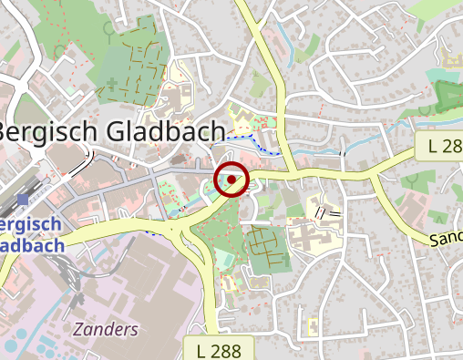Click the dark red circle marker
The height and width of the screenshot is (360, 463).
pos(232,180)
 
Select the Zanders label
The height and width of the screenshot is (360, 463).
pos(107,329)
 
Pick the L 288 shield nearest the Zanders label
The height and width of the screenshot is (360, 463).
pos(218,348)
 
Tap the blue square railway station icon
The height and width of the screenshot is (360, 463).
pos(22,199)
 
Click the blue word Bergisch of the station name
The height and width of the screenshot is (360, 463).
pos(32,225)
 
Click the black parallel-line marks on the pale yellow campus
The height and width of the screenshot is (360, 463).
pos(327,212)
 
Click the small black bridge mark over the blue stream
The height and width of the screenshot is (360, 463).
pos(344,153)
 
